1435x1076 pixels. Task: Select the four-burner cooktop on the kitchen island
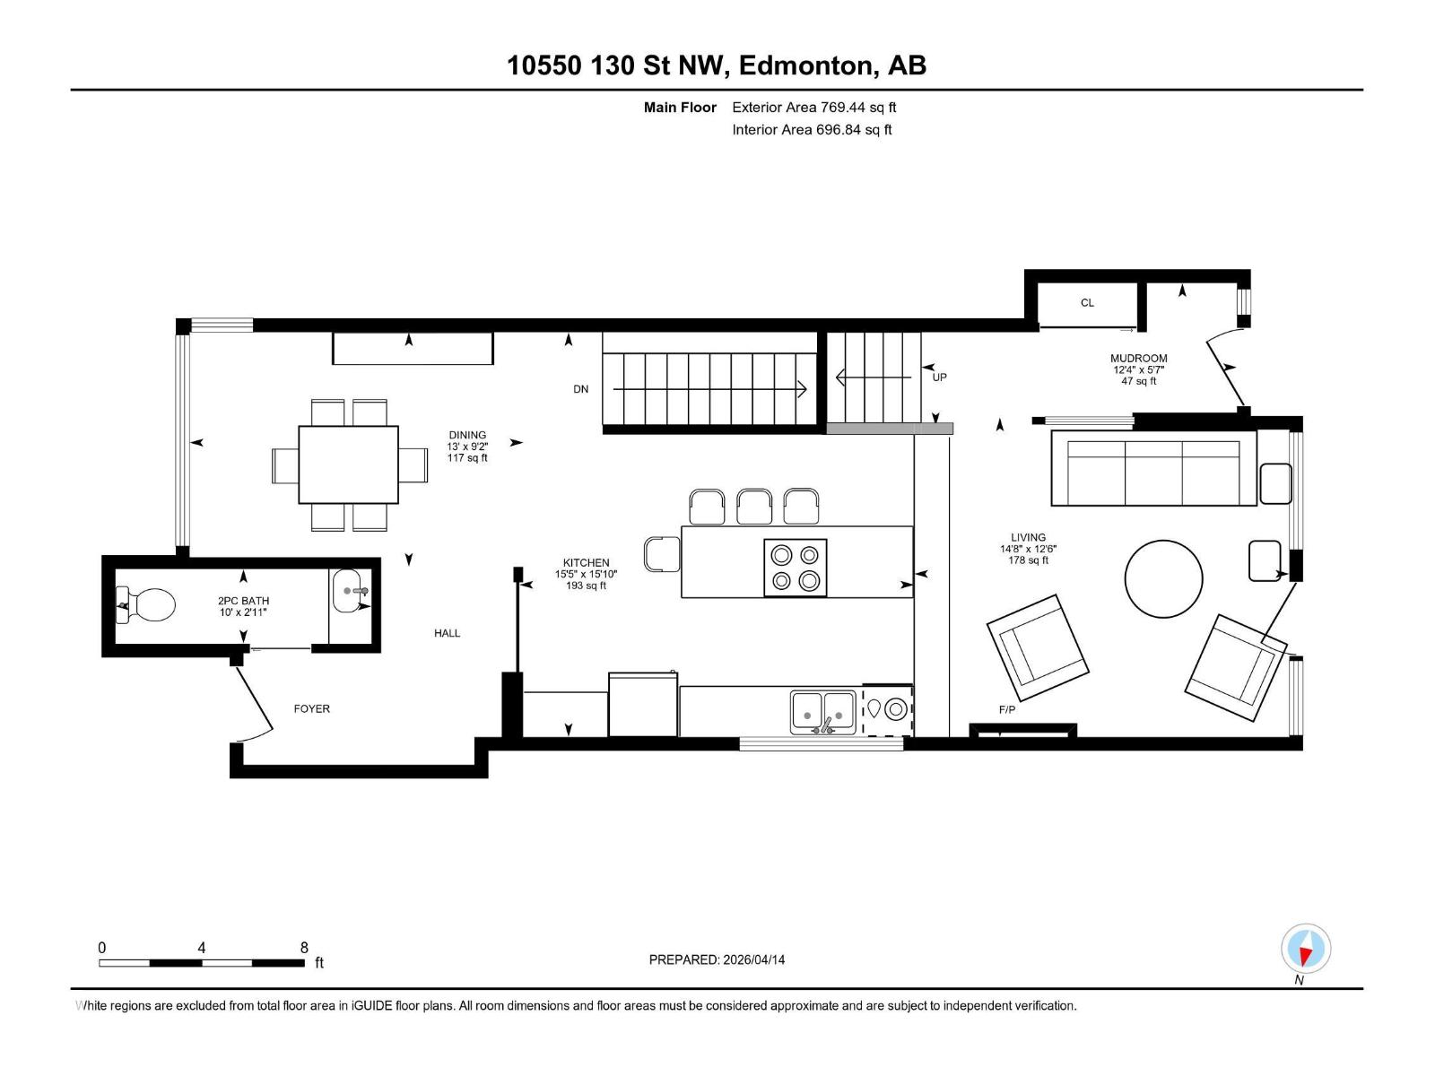tap(795, 568)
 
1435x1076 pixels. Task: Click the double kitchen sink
tap(822, 710)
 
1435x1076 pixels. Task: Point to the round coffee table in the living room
tap(1163, 578)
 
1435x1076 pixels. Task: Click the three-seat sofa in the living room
tap(1153, 468)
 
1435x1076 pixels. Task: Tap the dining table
tap(348, 464)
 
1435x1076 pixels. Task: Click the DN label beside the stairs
tap(581, 389)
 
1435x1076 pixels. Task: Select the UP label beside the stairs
tap(939, 377)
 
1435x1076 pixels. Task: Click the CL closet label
tap(1087, 303)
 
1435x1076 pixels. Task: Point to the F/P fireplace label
tap(1007, 710)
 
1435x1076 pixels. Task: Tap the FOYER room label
tap(312, 708)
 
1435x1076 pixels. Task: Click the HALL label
tap(447, 633)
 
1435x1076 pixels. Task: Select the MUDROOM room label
tap(1139, 359)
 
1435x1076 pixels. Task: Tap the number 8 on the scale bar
tap(304, 948)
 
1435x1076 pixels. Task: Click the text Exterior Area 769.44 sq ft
tap(813, 108)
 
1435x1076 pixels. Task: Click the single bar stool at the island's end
tap(662, 553)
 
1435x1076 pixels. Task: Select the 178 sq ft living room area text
tap(1028, 560)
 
